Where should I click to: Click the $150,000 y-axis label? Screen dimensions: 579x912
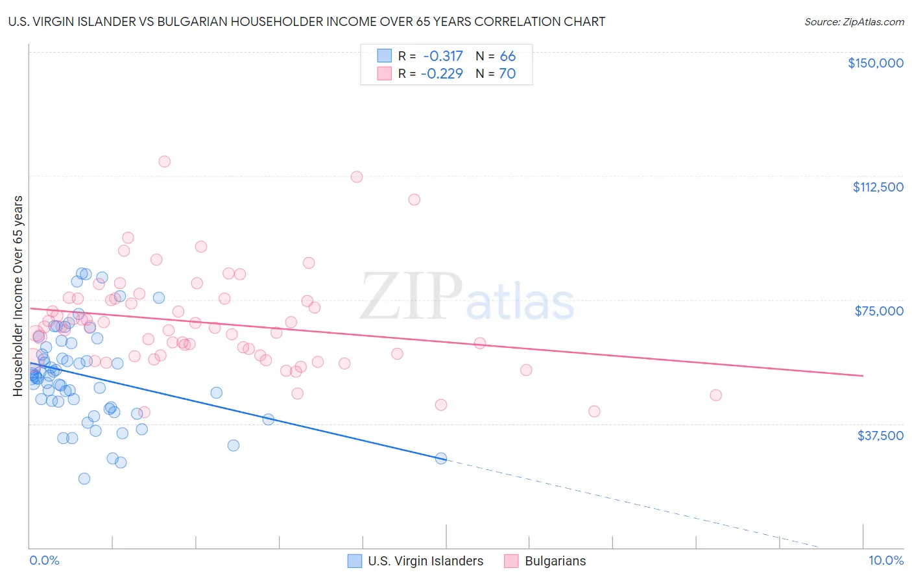pos(875,63)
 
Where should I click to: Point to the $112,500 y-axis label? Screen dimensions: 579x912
pos(878,187)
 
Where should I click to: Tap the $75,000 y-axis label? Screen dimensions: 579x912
pos(879,311)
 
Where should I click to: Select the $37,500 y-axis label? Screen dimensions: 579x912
pos(880,436)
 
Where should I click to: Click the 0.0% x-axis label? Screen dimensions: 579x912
pos(44,561)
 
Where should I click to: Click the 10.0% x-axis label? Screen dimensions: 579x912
pos(885,561)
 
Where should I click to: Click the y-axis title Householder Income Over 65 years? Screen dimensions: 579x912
pos(18,295)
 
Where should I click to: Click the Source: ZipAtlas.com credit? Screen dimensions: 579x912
pos(854,21)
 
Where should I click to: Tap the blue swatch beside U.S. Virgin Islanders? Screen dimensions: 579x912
pos(354,561)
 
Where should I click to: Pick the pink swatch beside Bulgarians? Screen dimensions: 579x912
pos(511,561)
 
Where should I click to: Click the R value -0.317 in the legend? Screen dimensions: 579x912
pos(443,56)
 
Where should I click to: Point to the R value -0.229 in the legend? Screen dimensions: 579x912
pos(442,73)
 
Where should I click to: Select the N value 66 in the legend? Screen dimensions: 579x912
pos(507,56)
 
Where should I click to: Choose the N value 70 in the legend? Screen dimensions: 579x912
pos(507,73)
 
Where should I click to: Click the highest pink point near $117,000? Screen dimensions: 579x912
pos(164,161)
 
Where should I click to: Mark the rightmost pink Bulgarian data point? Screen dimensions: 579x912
pos(715,395)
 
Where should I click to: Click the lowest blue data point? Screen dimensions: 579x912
pos(84,478)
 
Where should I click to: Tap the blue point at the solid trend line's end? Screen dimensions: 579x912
pos(441,458)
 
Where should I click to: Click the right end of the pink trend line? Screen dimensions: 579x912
pos(863,376)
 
